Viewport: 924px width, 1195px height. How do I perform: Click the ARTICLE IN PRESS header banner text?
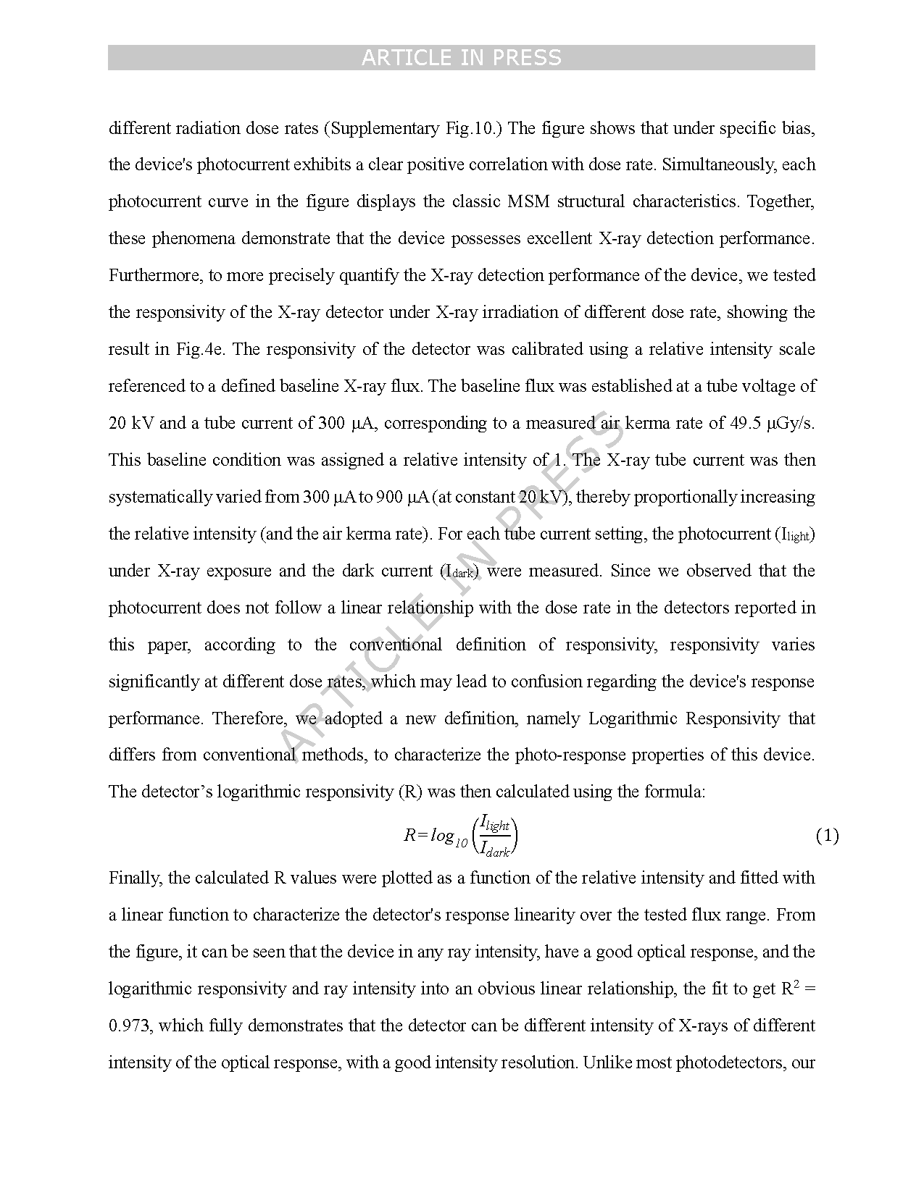[x=461, y=58]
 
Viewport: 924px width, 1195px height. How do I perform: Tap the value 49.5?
[x=745, y=424]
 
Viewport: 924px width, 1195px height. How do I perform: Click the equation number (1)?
[x=827, y=836]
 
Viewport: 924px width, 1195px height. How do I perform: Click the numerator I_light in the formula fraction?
[x=496, y=824]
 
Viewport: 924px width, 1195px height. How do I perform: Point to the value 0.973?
[x=130, y=1026]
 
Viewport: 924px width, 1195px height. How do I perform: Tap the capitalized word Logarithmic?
[x=632, y=719]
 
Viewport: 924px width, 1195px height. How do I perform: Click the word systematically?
[x=160, y=498]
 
